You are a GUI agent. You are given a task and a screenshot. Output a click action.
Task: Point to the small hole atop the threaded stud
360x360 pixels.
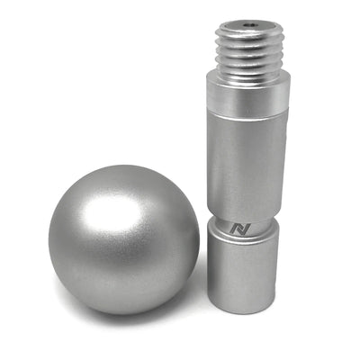click(249, 26)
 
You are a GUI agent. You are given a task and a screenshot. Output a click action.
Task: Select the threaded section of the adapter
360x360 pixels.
click(249, 52)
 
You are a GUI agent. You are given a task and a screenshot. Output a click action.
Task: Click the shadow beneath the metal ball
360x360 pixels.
click(135, 317)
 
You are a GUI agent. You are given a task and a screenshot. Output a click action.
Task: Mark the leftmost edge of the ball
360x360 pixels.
click(49, 238)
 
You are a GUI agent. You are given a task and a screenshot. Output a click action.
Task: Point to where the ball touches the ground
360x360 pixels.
click(126, 314)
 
